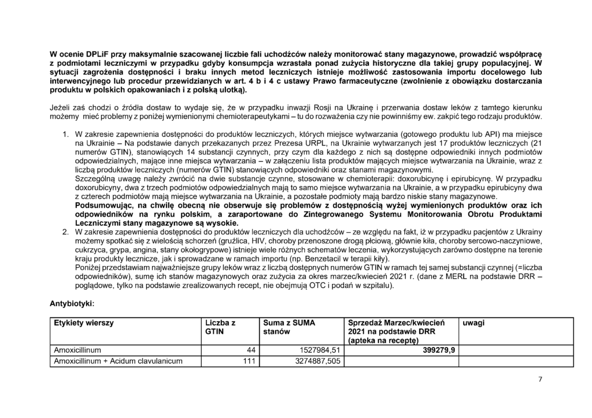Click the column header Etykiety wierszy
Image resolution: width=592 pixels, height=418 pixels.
point(84,323)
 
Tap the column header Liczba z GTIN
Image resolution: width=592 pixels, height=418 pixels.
point(221,327)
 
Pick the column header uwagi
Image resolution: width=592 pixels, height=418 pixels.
point(473,323)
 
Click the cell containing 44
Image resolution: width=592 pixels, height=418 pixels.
point(251,350)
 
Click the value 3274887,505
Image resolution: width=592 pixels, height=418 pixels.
point(316,361)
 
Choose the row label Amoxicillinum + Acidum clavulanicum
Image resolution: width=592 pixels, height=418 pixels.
point(118,361)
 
